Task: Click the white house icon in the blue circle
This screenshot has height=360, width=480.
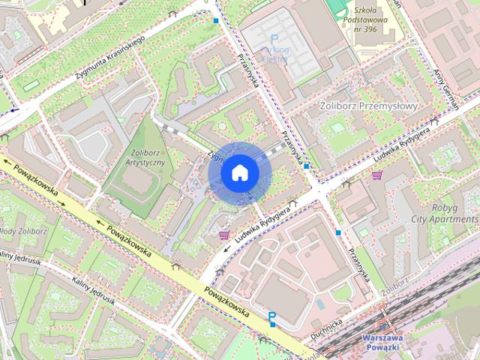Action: (x=239, y=172)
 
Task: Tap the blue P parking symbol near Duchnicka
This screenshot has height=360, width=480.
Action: (x=271, y=319)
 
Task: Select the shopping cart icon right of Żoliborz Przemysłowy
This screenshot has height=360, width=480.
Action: (x=376, y=175)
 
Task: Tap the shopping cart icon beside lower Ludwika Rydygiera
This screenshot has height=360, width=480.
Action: (x=223, y=235)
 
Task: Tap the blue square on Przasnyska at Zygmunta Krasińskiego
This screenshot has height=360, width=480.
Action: (x=216, y=21)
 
